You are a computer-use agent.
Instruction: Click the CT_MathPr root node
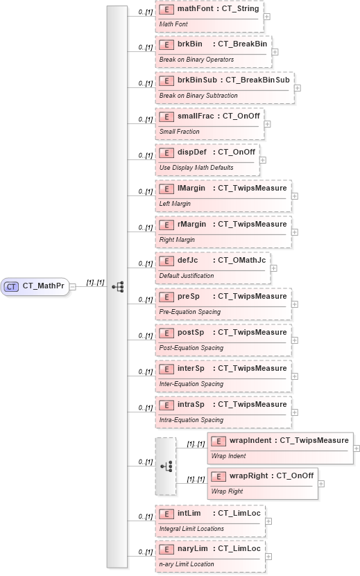point(36,286)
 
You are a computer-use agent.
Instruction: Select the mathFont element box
point(209,16)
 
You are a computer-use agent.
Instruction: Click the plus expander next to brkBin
point(275,51)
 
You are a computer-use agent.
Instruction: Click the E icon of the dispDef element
point(166,152)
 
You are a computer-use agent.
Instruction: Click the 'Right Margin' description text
point(178,240)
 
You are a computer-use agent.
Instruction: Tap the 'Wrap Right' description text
point(227,491)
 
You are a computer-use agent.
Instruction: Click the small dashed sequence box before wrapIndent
point(166,466)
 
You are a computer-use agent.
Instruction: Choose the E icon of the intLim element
point(166,514)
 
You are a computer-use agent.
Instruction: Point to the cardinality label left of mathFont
point(145,12)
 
